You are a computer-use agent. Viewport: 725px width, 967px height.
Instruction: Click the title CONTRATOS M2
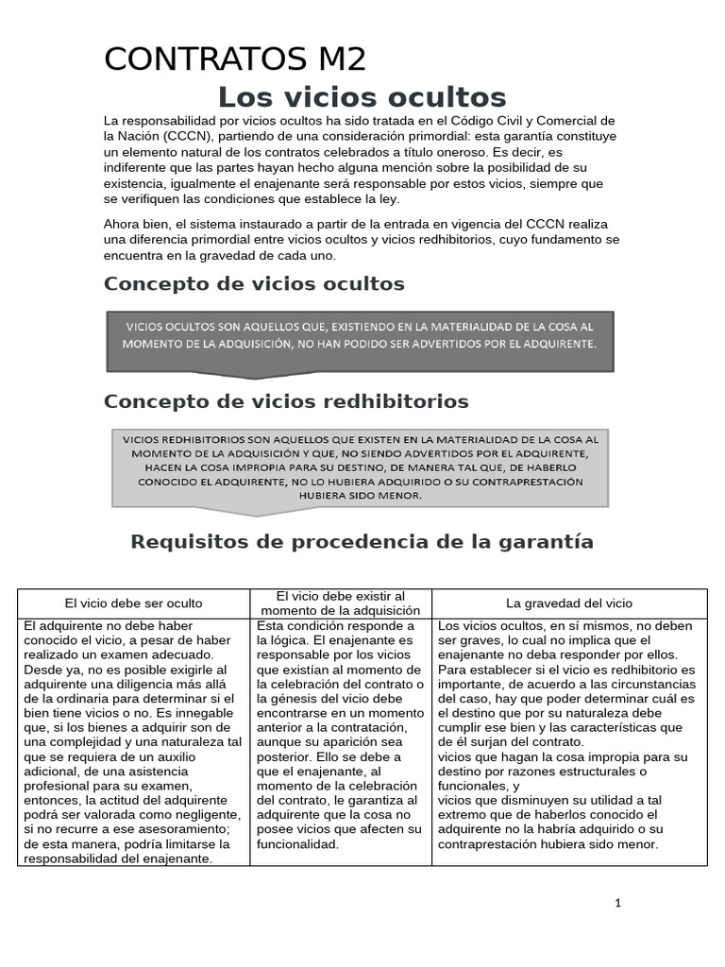[x=235, y=59]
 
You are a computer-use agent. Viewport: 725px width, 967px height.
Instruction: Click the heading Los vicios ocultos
[x=362, y=97]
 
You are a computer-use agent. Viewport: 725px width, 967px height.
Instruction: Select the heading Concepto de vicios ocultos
[x=254, y=283]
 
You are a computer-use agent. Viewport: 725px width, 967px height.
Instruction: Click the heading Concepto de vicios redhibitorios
[x=286, y=401]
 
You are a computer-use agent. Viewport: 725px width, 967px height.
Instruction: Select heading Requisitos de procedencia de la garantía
[x=362, y=541]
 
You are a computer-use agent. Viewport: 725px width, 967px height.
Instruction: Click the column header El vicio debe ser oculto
[x=133, y=602]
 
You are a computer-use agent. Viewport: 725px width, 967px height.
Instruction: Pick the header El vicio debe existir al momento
[x=341, y=602]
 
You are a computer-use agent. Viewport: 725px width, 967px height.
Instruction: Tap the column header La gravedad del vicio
[x=569, y=602]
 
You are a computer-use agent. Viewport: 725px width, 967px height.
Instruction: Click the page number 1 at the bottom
[x=618, y=903]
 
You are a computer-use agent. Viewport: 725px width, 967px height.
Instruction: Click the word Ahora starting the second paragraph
[x=123, y=224]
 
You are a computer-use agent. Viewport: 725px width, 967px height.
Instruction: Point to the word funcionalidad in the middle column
[x=297, y=844]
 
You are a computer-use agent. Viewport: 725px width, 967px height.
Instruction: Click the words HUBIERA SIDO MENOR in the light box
[x=362, y=495]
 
